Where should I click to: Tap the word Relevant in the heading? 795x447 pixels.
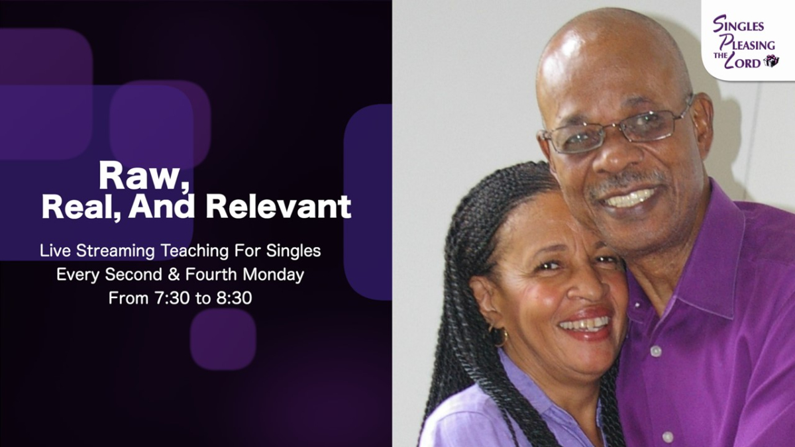tap(279, 207)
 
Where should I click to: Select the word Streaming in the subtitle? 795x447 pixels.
tap(115, 251)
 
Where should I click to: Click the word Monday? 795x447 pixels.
tap(273, 274)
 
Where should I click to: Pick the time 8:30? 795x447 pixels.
tap(235, 298)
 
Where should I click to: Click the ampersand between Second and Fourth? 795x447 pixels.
tap(174, 275)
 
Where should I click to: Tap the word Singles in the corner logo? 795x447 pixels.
tap(738, 25)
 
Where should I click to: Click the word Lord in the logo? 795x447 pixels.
tap(742, 62)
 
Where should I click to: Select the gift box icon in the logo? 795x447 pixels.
tap(771, 61)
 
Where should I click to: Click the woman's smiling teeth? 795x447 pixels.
tap(586, 324)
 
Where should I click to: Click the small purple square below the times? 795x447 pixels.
tap(223, 340)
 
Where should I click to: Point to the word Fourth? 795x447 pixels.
tap(211, 274)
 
